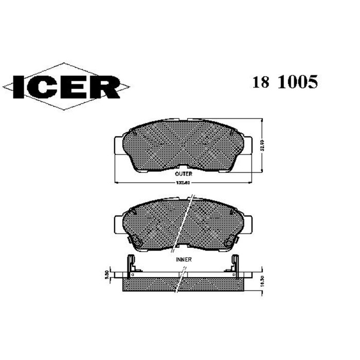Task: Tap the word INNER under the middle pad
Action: click(x=183, y=260)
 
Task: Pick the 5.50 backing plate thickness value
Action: click(x=106, y=275)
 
